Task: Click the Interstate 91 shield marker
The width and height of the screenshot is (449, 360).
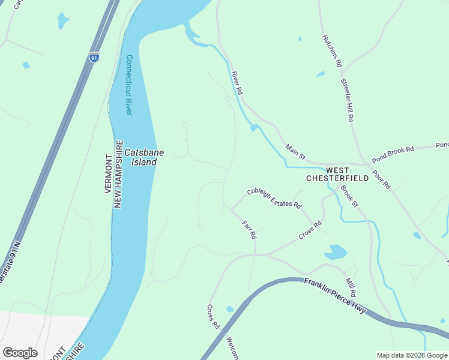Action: pos(94,57)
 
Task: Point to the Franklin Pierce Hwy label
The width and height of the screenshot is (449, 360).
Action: pos(334,295)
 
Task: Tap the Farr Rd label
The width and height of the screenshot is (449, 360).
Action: pos(249,230)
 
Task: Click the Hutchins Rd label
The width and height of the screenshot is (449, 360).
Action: pos(331,50)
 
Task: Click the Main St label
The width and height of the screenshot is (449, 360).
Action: pos(295,152)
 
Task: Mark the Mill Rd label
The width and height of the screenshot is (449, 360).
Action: pos(351,287)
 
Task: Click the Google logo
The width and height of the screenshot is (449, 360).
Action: pos(20,352)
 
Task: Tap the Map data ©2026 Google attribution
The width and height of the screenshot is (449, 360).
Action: pos(411,355)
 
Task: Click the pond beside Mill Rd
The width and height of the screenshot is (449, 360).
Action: pos(336,252)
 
